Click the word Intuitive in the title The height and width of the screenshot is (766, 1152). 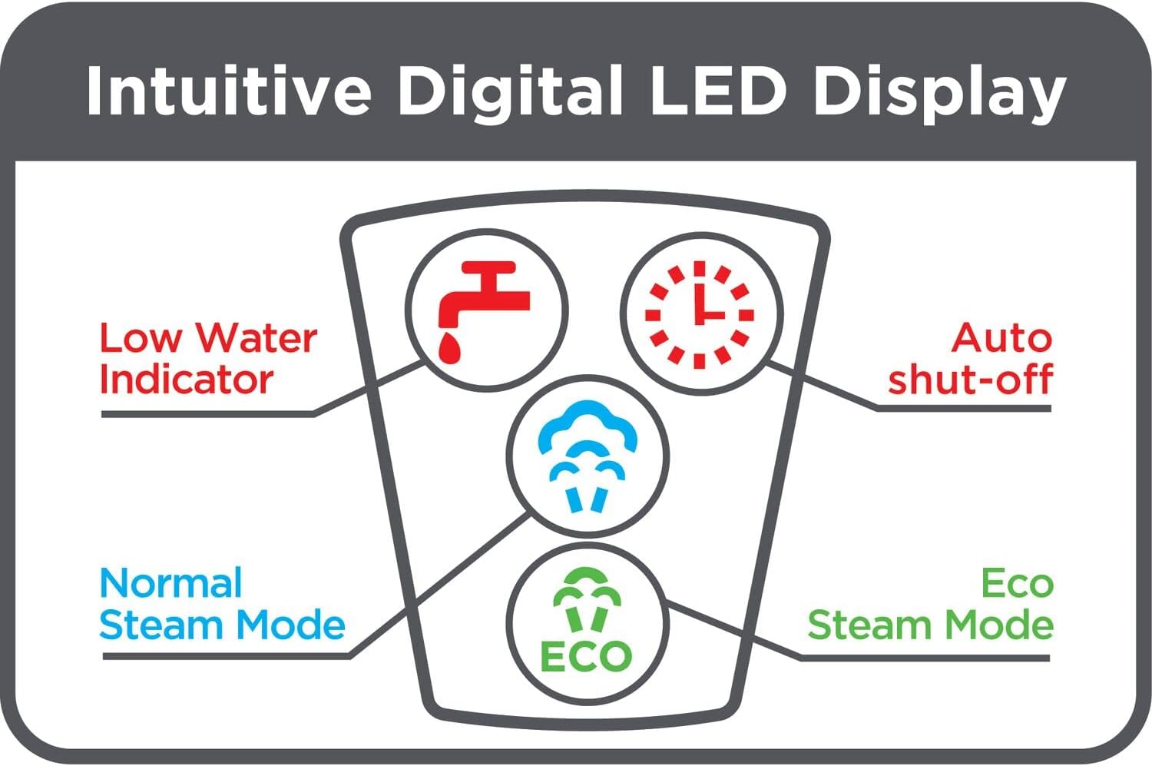229,91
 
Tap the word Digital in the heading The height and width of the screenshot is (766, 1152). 509,91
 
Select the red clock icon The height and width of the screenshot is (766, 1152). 700,314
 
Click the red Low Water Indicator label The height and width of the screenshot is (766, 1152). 207,359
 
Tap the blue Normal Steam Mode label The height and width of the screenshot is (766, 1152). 222,605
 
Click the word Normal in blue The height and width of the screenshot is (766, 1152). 171,584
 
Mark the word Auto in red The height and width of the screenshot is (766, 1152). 1001,338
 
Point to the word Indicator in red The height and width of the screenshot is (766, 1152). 187,380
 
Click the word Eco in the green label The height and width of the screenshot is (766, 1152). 1017,584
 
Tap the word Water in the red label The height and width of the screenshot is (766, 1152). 256,338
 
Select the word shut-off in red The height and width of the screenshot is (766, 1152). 970,380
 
